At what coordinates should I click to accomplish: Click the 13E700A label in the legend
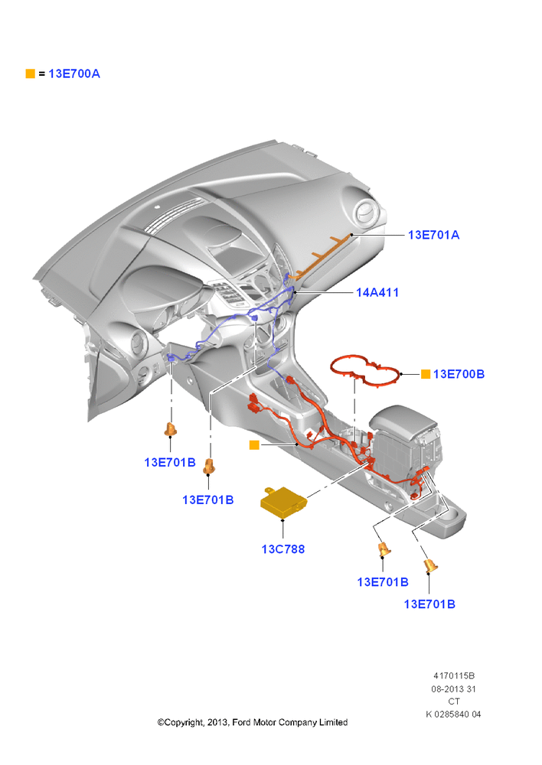(x=74, y=73)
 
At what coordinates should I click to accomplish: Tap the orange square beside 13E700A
(x=31, y=73)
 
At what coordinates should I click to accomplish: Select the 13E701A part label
(x=433, y=235)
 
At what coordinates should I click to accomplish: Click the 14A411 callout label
(x=377, y=293)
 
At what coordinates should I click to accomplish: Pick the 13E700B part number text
(x=459, y=374)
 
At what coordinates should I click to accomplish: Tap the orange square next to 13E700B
(x=426, y=374)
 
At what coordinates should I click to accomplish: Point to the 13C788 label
(x=283, y=549)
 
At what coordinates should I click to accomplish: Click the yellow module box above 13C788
(x=283, y=502)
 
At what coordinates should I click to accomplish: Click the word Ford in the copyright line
(x=241, y=723)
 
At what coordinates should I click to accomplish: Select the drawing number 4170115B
(x=454, y=676)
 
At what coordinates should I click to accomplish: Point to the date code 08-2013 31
(x=454, y=689)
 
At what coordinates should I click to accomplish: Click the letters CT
(x=454, y=702)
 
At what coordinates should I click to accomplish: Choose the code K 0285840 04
(x=454, y=715)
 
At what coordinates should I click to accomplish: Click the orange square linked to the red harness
(x=254, y=445)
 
